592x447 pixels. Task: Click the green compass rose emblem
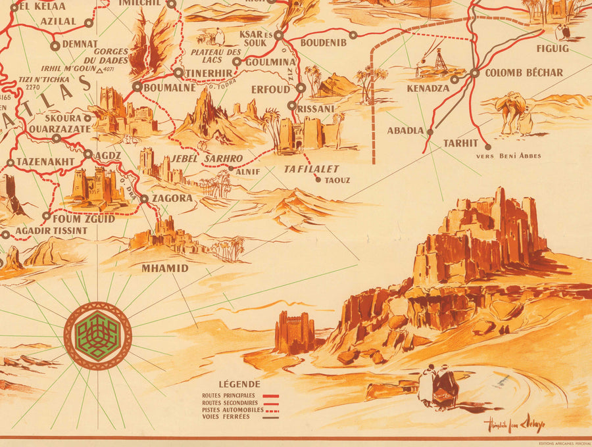point(97,335)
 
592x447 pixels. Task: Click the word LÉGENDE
point(240,384)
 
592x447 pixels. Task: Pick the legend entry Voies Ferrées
point(227,417)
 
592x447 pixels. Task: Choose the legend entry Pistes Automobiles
point(233,410)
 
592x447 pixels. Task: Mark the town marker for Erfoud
point(301,87)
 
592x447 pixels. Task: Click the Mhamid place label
point(164,268)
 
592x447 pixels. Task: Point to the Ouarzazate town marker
point(57,139)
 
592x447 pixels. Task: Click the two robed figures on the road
point(438,387)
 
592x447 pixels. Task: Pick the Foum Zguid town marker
point(46,216)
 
